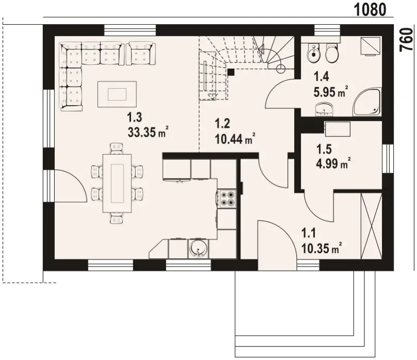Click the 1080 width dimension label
(370, 10)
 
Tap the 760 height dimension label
(407, 39)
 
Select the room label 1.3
(135, 117)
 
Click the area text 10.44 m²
(235, 138)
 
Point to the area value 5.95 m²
(331, 92)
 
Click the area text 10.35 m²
(322, 248)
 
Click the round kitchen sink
(198, 249)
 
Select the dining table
(117, 183)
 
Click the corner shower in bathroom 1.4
(367, 102)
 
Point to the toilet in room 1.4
(332, 53)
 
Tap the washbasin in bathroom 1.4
(324, 110)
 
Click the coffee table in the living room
(117, 94)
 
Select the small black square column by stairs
(231, 72)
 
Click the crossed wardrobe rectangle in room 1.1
(371, 226)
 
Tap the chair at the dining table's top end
(117, 149)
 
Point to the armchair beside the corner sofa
(141, 53)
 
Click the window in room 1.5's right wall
(388, 159)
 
